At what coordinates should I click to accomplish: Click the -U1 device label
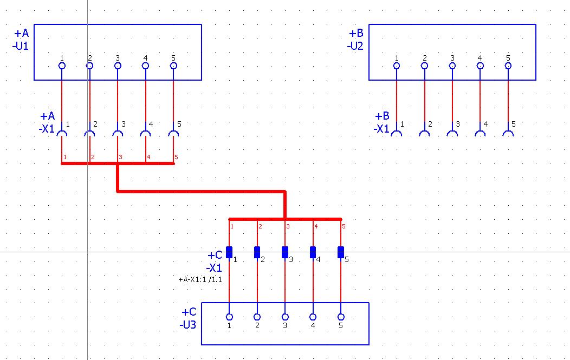pyautogui.click(x=21, y=46)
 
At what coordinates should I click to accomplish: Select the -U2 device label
pyautogui.click(x=355, y=46)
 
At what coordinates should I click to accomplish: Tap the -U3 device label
pyautogui.click(x=188, y=324)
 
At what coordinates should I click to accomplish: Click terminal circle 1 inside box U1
pyautogui.click(x=62, y=66)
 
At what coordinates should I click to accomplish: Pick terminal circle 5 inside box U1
pyautogui.click(x=173, y=66)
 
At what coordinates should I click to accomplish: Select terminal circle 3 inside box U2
pyautogui.click(x=452, y=66)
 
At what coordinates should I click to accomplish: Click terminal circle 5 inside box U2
pyautogui.click(x=508, y=66)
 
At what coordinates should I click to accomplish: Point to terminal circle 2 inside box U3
pyautogui.click(x=257, y=317)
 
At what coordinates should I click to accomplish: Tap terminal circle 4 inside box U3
pyautogui.click(x=313, y=317)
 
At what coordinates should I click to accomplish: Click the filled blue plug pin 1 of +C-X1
pyautogui.click(x=229, y=252)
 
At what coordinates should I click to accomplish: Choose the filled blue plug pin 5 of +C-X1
pyautogui.click(x=341, y=252)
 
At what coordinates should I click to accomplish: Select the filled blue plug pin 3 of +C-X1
pyautogui.click(x=285, y=252)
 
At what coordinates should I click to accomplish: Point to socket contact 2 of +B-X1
pyautogui.click(x=424, y=133)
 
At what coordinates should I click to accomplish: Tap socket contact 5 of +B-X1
pyautogui.click(x=508, y=133)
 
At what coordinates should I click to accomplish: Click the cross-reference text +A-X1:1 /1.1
pyautogui.click(x=200, y=279)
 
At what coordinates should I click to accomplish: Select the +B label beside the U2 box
pyautogui.click(x=357, y=33)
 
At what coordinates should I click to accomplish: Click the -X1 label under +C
pyautogui.click(x=213, y=268)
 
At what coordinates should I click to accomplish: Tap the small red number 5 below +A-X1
pyautogui.click(x=176, y=158)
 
